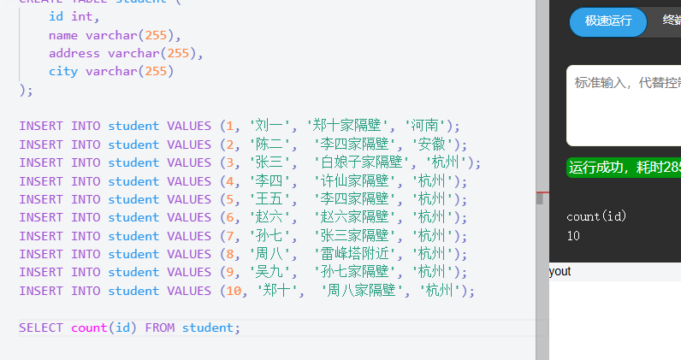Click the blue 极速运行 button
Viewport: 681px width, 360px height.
[x=608, y=21]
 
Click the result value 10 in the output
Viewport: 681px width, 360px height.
[x=573, y=235]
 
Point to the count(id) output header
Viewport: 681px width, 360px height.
[x=596, y=216]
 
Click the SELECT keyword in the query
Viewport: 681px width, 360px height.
[x=41, y=328]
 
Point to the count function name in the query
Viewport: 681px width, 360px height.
[x=89, y=328]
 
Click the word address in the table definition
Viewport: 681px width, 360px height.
[x=74, y=53]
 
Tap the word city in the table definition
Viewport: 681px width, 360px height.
[x=63, y=71]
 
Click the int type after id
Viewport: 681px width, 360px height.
[x=82, y=16]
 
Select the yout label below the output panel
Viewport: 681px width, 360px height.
[x=560, y=271]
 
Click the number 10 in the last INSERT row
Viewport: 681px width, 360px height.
[x=230, y=291]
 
